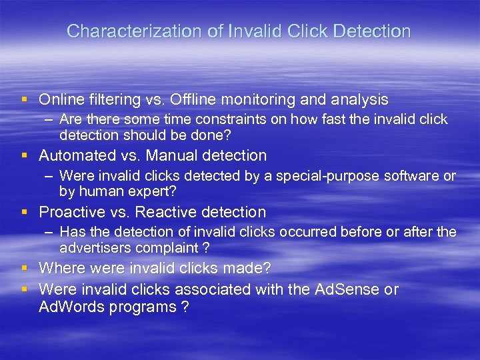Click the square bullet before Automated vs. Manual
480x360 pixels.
coord(24,156)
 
